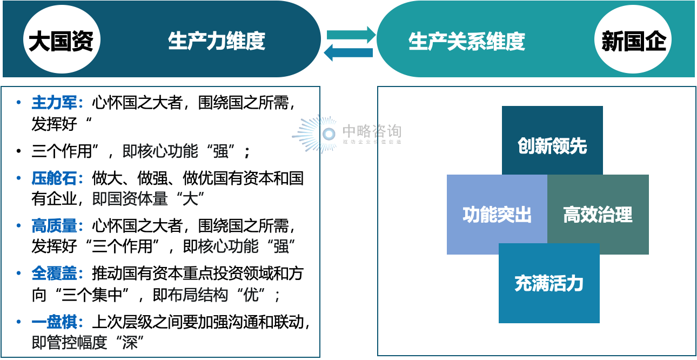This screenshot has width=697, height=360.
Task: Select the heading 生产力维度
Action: click(216, 41)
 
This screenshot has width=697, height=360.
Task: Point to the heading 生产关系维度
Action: click(466, 42)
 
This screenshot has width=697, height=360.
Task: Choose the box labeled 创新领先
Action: click(552, 145)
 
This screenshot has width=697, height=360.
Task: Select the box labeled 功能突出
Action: click(497, 215)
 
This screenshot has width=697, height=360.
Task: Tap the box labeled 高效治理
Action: click(598, 215)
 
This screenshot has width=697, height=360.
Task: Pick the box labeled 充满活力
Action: click(549, 283)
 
